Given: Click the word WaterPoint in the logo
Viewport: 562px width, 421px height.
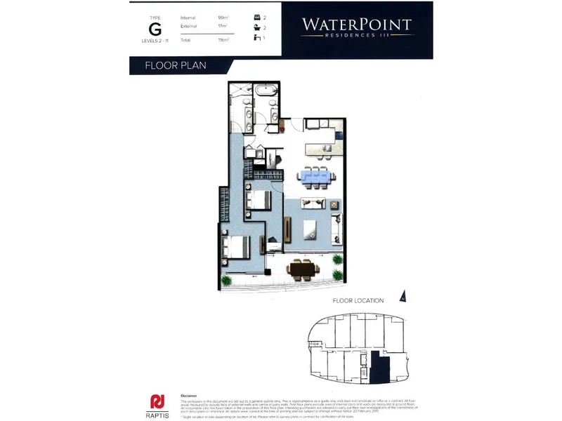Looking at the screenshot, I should click(357, 25).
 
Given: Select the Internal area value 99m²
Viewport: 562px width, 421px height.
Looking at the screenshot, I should click(224, 18).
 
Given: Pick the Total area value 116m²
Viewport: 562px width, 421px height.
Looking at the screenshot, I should click(224, 41).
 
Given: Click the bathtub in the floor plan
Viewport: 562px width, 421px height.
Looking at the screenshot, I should click(266, 92).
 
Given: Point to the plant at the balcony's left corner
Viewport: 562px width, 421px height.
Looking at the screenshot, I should click(227, 280).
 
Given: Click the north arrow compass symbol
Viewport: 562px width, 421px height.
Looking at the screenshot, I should click(403, 296).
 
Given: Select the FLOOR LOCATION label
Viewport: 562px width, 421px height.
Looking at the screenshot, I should click(358, 301).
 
